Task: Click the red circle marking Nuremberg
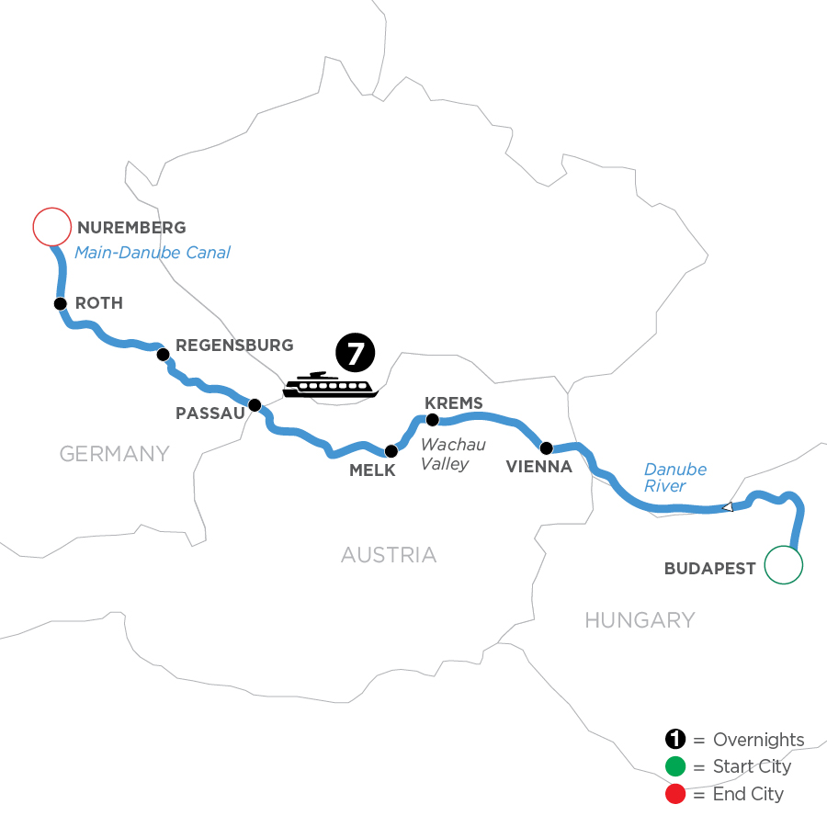pos(51,227)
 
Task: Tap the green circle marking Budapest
pos(784,564)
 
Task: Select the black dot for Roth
pos(60,303)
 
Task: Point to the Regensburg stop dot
pos(163,354)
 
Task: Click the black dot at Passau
pos(255,403)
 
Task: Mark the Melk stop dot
pos(391,451)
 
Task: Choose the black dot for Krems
pos(433,421)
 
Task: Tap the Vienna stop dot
pos(547,448)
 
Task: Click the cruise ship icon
pos(328,386)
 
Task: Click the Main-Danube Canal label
pos(152,253)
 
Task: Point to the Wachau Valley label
pos(446,455)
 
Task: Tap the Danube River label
pos(674,478)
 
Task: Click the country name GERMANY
pos(115,453)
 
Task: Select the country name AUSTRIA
pos(389,555)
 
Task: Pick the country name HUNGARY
pos(640,620)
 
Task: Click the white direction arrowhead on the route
pos(727,506)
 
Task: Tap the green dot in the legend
pos(675,767)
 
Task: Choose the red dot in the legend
pos(675,794)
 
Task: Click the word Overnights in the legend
pos(758,740)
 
